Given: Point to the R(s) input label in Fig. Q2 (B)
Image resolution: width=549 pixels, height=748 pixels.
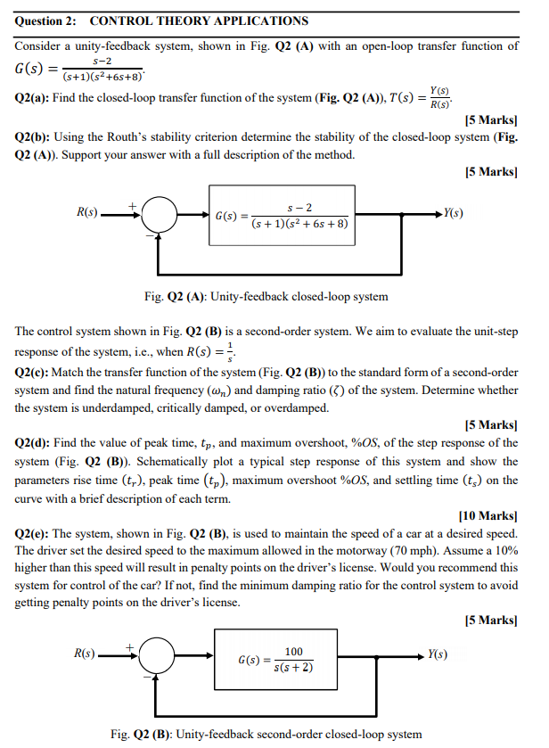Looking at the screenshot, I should (86, 654).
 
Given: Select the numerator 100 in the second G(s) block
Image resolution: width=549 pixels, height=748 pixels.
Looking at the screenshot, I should (293, 653).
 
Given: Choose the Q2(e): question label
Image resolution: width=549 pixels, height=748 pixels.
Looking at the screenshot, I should (39, 533).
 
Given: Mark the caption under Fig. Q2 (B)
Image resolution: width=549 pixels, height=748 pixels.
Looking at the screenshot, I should (266, 734).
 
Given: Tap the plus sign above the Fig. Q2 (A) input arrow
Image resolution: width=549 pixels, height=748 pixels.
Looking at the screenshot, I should (135, 203).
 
